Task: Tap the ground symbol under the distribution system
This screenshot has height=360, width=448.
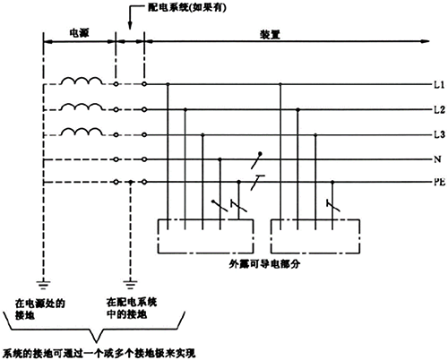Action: coord(131,281)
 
